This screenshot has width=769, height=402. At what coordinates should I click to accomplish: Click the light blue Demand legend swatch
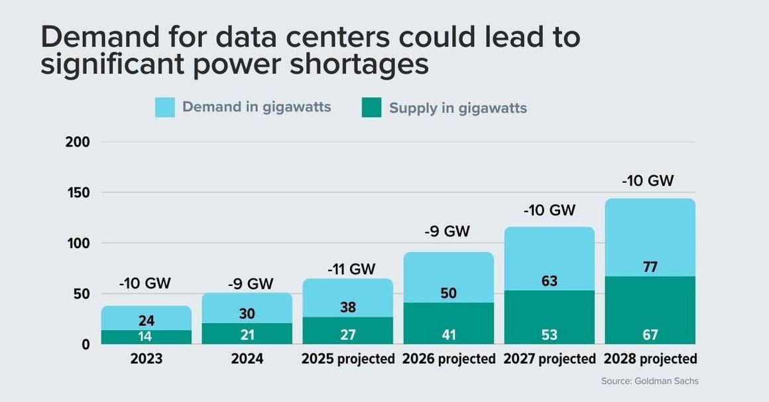pyautogui.click(x=165, y=107)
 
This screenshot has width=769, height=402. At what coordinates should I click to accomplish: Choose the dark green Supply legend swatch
pyautogui.click(x=372, y=107)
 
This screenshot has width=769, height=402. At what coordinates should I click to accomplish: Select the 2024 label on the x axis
pyautogui.click(x=247, y=360)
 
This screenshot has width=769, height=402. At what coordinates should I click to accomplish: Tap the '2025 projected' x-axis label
pyautogui.click(x=348, y=360)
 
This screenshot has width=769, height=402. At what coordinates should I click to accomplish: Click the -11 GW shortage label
pyautogui.click(x=351, y=269)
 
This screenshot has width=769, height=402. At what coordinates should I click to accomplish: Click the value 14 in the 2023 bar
pyautogui.click(x=147, y=336)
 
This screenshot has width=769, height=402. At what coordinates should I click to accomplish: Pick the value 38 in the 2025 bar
pyautogui.click(x=348, y=308)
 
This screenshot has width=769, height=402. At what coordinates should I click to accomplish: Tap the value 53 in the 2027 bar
pyautogui.click(x=549, y=335)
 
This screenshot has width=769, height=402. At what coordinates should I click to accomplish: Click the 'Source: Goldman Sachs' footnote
pyautogui.click(x=650, y=381)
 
